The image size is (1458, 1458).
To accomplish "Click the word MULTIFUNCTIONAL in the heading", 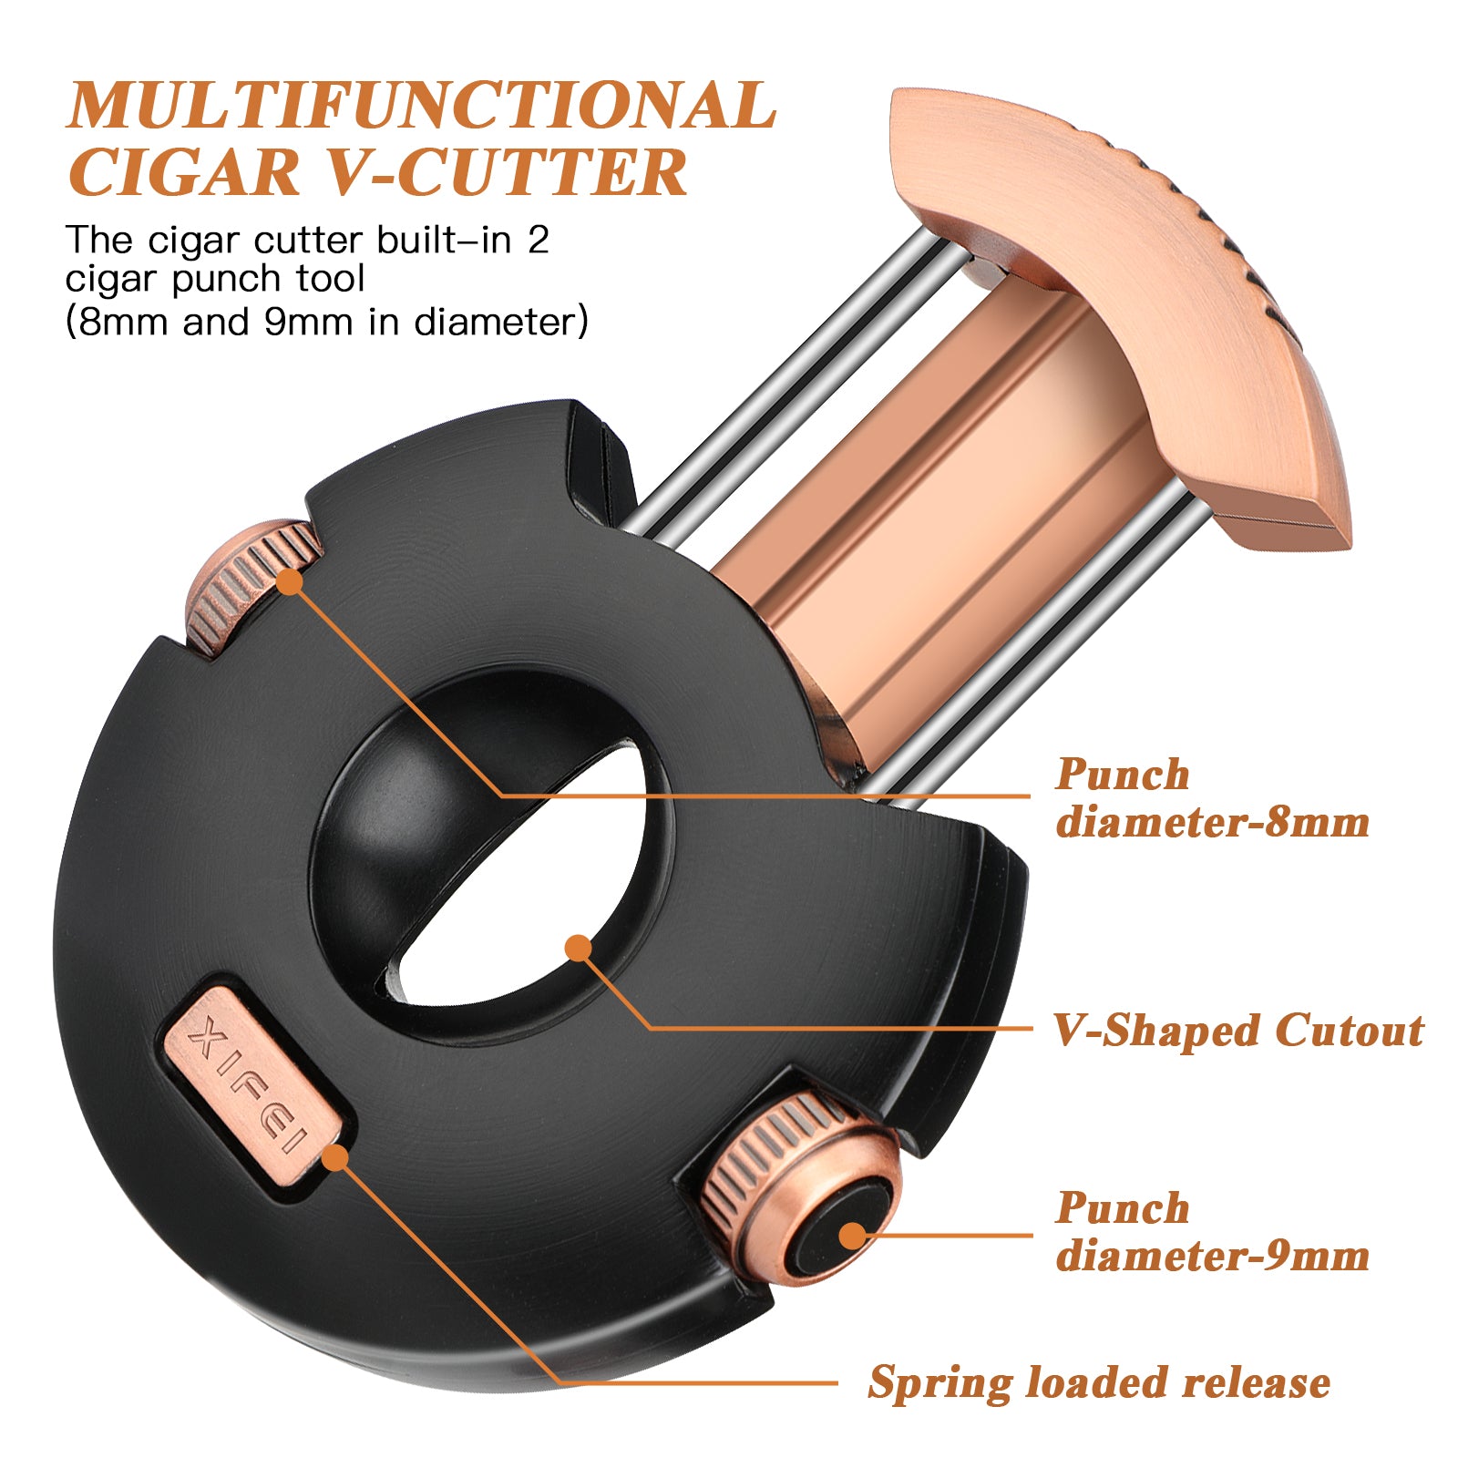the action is (x=422, y=105).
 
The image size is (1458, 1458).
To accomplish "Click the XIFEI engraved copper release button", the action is (x=256, y=1083).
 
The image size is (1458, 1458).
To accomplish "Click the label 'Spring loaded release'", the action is (x=1099, y=1383).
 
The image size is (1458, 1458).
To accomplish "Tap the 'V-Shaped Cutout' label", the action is (x=1238, y=1031).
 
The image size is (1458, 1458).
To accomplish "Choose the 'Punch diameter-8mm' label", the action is (x=1212, y=798).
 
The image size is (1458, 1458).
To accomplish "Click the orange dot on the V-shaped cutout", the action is (x=578, y=949).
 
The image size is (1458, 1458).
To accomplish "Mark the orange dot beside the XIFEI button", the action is (x=335, y=1157).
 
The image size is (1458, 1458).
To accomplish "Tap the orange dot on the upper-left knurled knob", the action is (x=289, y=581).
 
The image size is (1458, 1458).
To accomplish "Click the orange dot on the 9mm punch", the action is (x=852, y=1236).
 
